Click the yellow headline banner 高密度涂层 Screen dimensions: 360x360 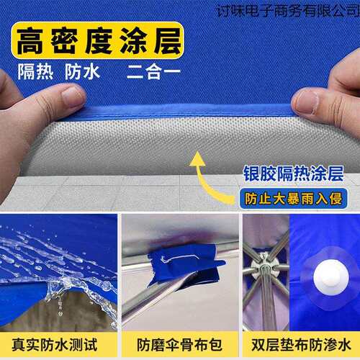[98, 40]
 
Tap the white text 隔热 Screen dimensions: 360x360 [35, 72]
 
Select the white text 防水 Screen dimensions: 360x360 [82, 72]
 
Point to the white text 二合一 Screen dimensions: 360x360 [153, 72]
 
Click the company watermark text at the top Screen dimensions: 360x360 [288, 11]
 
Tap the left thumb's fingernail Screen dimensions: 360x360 [73, 96]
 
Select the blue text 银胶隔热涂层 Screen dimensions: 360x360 [293, 174]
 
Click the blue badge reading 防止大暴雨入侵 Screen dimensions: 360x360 [293, 199]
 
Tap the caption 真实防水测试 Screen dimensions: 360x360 [55, 345]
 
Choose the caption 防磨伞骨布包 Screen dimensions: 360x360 [179, 345]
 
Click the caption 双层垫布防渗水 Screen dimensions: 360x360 [301, 345]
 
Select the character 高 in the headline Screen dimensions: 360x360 [31, 40]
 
